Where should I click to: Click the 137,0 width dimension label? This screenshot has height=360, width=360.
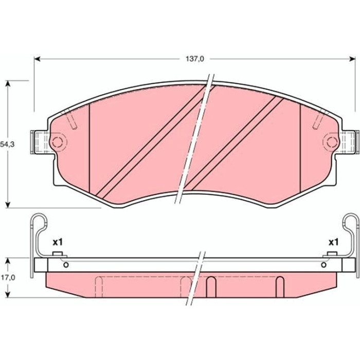(195, 59)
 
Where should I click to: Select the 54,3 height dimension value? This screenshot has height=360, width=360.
(7, 145)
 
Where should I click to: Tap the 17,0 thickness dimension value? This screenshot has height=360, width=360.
(8, 278)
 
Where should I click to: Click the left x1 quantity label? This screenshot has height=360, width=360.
(58, 242)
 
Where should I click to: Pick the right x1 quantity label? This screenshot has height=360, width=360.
(333, 242)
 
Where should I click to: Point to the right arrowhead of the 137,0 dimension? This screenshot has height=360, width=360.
(352, 59)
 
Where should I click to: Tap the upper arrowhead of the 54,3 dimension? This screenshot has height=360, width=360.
(8, 84)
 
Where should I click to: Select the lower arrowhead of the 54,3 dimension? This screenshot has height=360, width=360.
(8, 205)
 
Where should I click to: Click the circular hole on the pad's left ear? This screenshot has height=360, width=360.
(57, 142)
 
